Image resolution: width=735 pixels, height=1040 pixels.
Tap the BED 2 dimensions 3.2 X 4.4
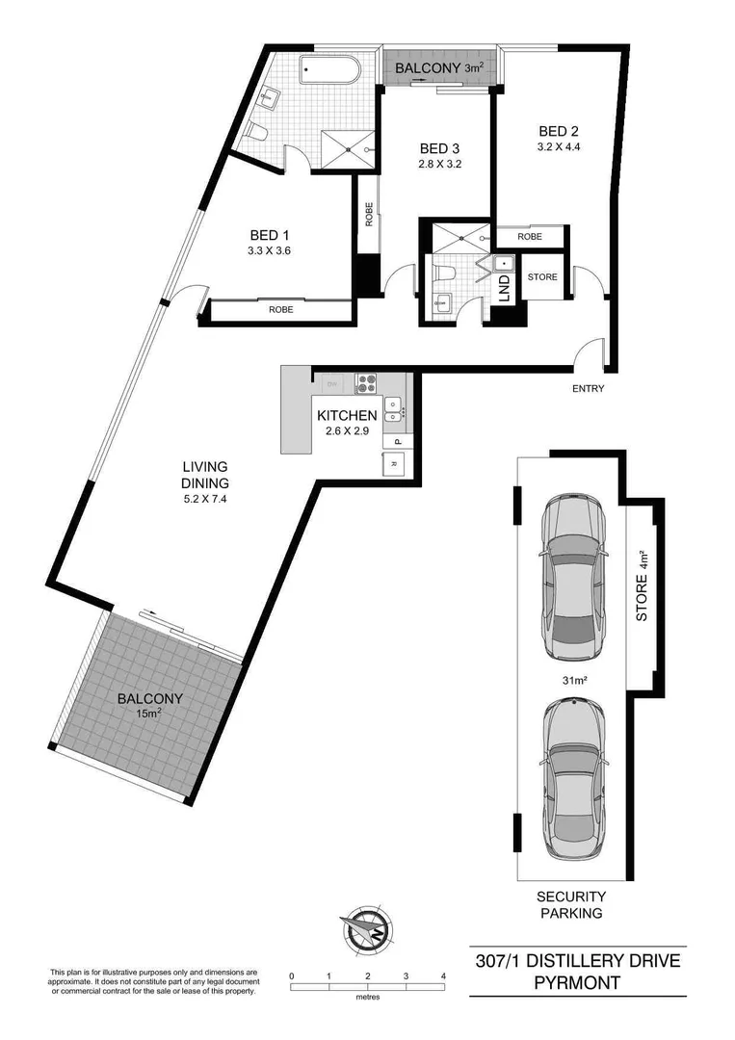point(559,148)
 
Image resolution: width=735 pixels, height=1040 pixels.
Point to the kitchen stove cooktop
point(367,382)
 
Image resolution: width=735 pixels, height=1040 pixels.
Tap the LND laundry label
point(503,287)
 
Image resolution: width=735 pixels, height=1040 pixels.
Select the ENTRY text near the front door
point(588,389)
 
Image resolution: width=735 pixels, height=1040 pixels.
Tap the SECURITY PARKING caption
point(570,904)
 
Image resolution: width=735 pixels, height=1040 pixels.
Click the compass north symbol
point(366,928)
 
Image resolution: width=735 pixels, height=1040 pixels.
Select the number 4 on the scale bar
point(443,976)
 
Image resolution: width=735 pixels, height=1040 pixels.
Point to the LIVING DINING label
point(206,476)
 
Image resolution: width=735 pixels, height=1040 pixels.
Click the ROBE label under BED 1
point(281,310)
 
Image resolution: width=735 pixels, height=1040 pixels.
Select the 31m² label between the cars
point(575,680)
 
